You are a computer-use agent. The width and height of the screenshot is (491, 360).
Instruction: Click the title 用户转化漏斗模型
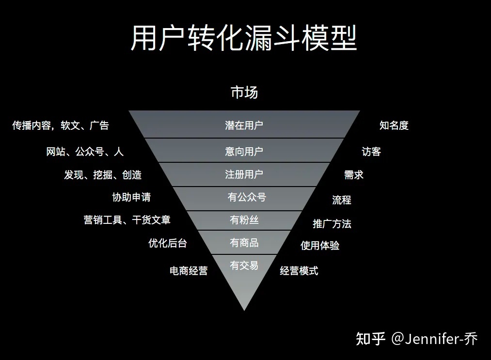(x=244, y=38)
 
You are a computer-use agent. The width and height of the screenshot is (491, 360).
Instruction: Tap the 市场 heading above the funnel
(x=244, y=92)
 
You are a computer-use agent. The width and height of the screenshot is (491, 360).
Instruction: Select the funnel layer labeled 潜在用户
(x=244, y=125)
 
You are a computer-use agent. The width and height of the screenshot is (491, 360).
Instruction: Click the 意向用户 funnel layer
(x=244, y=151)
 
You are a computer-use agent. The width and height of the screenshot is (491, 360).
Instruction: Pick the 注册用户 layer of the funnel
(x=244, y=174)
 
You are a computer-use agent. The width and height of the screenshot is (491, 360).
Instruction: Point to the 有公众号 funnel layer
(x=247, y=197)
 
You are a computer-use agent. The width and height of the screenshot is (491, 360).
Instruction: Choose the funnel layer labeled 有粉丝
(x=244, y=220)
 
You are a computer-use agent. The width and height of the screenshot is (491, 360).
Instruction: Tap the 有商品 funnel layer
(x=244, y=243)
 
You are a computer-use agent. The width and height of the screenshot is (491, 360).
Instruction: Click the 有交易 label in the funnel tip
(x=244, y=266)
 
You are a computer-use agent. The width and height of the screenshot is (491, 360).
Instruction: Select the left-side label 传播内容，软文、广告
(x=61, y=125)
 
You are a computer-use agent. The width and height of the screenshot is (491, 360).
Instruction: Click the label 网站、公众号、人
(x=85, y=152)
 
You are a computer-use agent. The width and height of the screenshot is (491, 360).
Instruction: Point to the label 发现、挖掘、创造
(x=103, y=175)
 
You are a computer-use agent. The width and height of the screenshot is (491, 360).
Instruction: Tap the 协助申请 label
(x=131, y=197)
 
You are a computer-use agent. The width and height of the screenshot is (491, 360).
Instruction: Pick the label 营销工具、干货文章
(x=127, y=220)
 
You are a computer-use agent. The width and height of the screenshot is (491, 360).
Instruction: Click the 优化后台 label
(x=167, y=243)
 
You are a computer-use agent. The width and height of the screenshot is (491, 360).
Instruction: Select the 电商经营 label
(x=189, y=271)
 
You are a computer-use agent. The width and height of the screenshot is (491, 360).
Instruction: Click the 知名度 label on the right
(x=394, y=125)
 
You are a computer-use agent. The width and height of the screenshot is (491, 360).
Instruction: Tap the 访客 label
(x=371, y=152)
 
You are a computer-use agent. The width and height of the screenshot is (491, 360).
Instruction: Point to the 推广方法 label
(x=332, y=224)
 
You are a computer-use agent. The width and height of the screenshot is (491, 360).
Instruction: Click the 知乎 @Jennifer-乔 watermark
(x=417, y=338)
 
